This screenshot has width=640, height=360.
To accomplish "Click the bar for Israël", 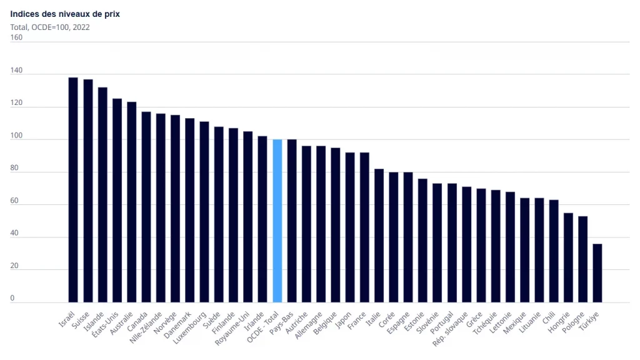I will point(73,190).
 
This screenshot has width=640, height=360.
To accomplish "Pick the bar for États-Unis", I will point(117,201).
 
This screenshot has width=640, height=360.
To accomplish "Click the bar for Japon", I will point(350,227).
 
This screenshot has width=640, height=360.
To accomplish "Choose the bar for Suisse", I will point(88,191).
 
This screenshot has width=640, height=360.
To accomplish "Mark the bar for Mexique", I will point(524,250).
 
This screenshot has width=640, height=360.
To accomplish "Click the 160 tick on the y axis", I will point(16,37).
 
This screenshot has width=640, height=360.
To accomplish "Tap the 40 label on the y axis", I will point(14,233).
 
